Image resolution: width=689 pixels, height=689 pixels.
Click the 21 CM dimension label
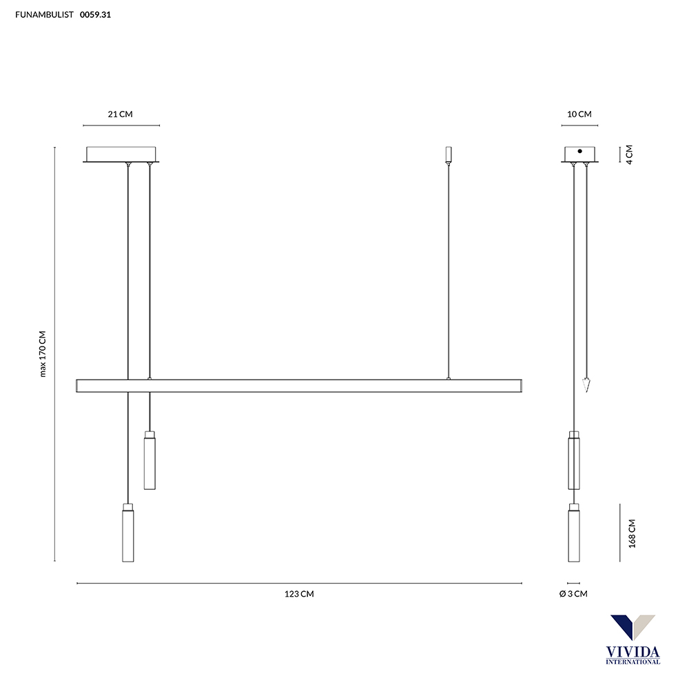tap(120, 114)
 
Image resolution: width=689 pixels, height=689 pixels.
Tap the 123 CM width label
tap(299, 594)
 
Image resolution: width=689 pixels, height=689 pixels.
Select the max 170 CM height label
tap(43, 354)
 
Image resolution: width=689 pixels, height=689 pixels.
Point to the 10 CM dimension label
tap(579, 114)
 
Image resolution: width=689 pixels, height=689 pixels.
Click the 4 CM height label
tap(629, 153)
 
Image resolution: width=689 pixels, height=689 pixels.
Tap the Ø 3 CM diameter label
tap(573, 594)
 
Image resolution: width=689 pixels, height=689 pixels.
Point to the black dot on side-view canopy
tap(579, 151)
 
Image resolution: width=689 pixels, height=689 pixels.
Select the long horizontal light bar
tap(299, 386)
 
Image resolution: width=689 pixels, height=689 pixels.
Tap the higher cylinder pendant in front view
tap(150, 460)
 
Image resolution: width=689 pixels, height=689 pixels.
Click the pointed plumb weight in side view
tap(586, 384)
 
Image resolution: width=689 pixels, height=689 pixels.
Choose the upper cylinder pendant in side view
tap(573, 460)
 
